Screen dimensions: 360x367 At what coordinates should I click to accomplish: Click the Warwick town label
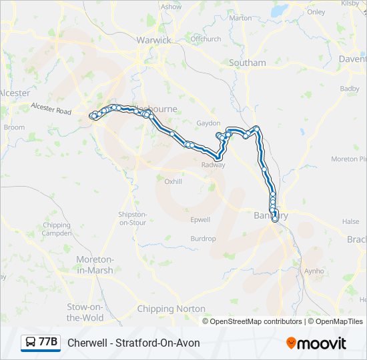(x=153, y=40)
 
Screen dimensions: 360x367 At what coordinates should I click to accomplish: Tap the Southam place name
(x=248, y=63)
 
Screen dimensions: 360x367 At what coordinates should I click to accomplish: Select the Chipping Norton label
(x=171, y=309)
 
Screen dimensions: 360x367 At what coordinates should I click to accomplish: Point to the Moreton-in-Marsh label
(x=95, y=265)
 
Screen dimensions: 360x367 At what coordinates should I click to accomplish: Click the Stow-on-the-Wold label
(x=85, y=313)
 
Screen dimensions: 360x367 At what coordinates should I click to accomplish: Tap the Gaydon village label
(x=208, y=123)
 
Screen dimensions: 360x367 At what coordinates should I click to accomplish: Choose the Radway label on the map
(x=214, y=165)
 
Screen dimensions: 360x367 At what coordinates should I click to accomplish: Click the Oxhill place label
(x=173, y=181)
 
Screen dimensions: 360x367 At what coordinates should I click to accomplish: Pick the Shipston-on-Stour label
(x=133, y=219)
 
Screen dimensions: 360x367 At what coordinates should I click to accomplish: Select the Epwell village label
(x=200, y=219)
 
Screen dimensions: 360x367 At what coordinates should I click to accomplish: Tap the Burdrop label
(x=203, y=239)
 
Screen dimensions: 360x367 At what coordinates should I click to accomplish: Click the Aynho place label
(x=313, y=271)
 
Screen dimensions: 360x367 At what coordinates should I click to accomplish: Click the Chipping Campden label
(x=57, y=230)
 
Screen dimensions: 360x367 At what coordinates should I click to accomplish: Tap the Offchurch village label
(x=206, y=39)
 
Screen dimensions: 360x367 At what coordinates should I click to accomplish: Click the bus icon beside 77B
(x=31, y=343)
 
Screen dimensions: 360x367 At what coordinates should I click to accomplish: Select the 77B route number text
(x=48, y=343)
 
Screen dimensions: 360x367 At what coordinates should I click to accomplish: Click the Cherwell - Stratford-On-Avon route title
(x=133, y=343)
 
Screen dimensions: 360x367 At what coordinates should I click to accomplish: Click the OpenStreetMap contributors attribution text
(x=256, y=321)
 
